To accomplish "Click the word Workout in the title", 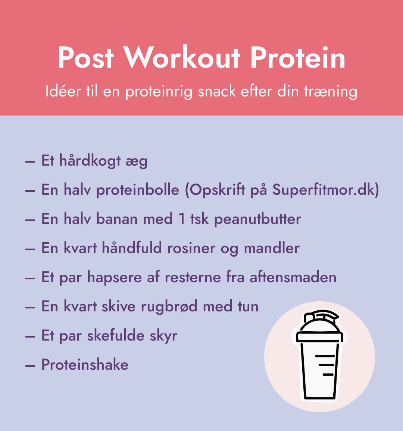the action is (x=182, y=58).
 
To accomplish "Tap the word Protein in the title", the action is (x=298, y=58).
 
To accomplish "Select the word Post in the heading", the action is (x=85, y=58).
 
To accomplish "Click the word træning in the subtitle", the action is (x=331, y=92).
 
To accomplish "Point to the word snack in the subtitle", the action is (x=217, y=91).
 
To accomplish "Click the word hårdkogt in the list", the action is (x=90, y=161).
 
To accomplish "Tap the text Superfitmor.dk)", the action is (x=326, y=190).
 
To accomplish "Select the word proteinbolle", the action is (x=138, y=190).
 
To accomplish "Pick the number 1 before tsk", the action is (x=182, y=219).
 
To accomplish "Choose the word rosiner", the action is (x=191, y=248).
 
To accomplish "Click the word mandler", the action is (x=272, y=248).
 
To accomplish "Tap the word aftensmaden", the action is (x=293, y=277).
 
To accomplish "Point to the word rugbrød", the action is (x=169, y=307).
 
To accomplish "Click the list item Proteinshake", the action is (x=85, y=365).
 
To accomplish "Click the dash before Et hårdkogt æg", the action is (x=30, y=161).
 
